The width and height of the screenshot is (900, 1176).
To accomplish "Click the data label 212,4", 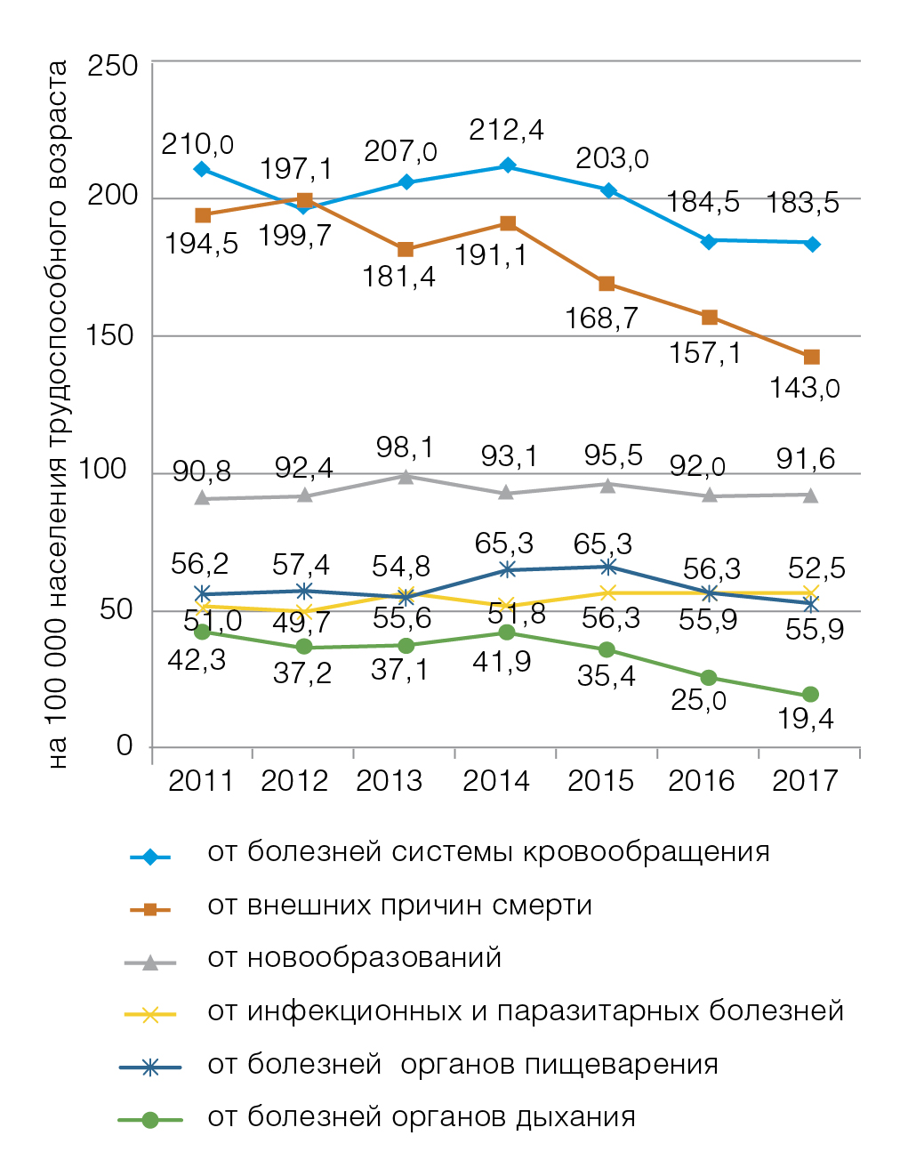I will (506, 131).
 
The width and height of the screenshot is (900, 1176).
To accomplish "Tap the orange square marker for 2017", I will (811, 357).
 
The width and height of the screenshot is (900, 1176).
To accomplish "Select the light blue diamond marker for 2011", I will (202, 169).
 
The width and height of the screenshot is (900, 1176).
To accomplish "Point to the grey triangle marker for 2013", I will (406, 477).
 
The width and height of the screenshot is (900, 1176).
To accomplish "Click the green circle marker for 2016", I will (709, 678).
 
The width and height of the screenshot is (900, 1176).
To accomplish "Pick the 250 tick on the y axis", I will (113, 66).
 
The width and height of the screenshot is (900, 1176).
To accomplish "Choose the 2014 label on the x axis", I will (496, 781).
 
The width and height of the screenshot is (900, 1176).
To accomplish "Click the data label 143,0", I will (804, 388).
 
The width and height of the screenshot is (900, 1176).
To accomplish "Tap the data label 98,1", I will (405, 447).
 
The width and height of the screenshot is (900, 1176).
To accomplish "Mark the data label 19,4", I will (806, 718).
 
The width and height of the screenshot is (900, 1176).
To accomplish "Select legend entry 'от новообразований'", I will (355, 958).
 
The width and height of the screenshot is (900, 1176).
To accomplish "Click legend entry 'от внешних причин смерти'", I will (399, 906).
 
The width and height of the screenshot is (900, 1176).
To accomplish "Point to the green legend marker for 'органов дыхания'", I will (150, 1120).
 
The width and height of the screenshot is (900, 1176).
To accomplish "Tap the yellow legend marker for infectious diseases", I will (150, 1014).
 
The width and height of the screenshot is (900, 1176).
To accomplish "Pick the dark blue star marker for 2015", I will (608, 567).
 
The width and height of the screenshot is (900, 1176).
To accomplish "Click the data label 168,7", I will (601, 318).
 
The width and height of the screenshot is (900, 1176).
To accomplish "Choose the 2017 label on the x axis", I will (805, 781).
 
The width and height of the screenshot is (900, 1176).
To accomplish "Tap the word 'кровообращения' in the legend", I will (646, 852).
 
